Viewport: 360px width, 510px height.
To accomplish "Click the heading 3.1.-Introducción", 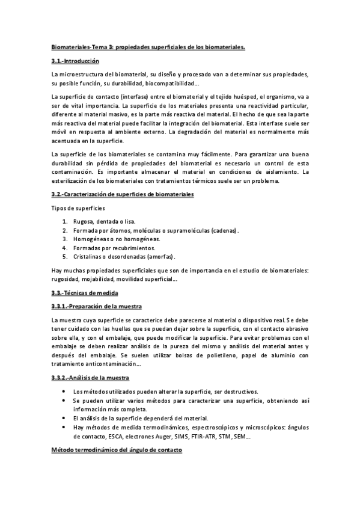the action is pos(75,62).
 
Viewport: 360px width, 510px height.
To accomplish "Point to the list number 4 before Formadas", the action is pos(64,247).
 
